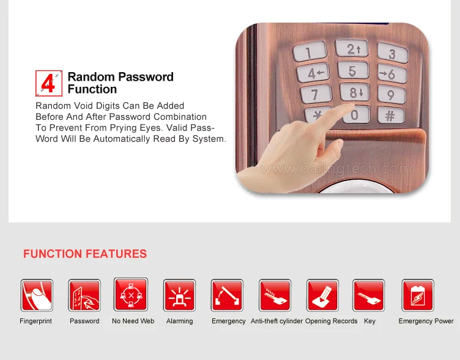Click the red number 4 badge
(49, 83)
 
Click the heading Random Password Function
(121, 83)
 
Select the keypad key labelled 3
(391, 53)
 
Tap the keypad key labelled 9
(387, 94)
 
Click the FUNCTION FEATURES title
(85, 254)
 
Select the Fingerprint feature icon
(36, 295)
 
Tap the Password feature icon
(84, 295)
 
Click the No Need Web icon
(131, 295)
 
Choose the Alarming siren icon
(179, 295)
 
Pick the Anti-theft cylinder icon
(275, 295)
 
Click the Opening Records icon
(322, 295)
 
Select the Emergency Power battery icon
(417, 295)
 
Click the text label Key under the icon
(369, 321)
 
